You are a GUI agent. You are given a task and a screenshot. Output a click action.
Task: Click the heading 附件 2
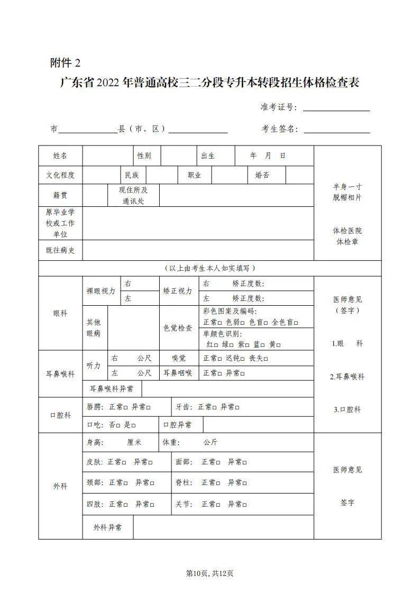(x=66, y=63)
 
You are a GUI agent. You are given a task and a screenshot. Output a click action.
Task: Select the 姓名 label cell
(x=60, y=156)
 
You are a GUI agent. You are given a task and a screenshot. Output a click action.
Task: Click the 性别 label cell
(x=144, y=156)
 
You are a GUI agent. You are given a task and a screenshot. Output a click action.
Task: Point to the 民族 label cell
(x=132, y=175)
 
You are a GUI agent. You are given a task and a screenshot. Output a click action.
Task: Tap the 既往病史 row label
(x=60, y=250)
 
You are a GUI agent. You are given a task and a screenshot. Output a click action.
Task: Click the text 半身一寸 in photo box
(x=348, y=187)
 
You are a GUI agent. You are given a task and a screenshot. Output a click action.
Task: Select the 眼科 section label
(x=60, y=313)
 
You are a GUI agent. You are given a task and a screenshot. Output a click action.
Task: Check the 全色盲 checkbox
(x=296, y=322)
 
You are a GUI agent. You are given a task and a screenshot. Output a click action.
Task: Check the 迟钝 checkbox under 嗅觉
(x=243, y=359)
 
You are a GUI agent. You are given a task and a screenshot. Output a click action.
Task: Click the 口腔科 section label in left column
(x=60, y=415)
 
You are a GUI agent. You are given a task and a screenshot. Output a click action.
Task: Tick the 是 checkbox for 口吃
(x=134, y=425)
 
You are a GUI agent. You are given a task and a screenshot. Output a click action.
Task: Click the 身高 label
(x=96, y=442)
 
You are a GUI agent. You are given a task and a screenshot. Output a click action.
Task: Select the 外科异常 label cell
(x=107, y=527)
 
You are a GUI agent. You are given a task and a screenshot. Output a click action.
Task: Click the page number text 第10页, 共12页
(x=210, y=573)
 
